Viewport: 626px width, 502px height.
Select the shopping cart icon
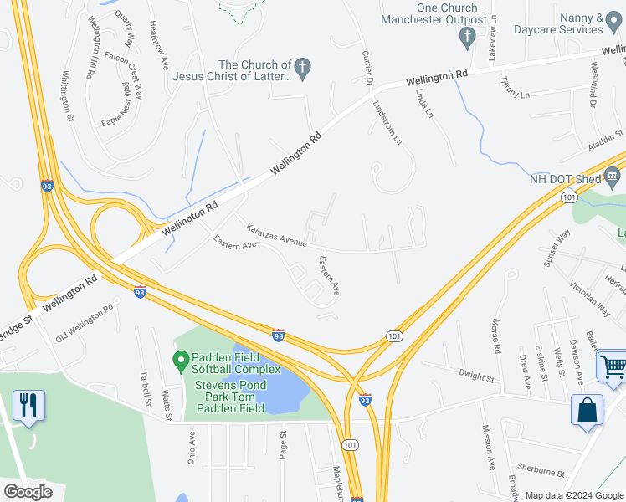tap(613, 366)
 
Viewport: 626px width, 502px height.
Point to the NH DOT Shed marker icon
tap(612, 176)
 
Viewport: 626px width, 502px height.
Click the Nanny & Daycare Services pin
tap(614, 29)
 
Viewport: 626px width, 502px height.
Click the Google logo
tap(28, 491)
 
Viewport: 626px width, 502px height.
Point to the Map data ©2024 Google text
tap(573, 495)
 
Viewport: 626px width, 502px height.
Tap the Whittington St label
tap(68, 96)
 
